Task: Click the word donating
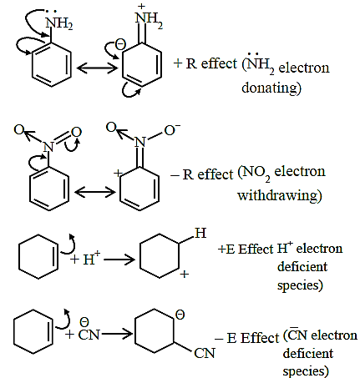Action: point(271,88)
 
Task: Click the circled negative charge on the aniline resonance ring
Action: point(120,45)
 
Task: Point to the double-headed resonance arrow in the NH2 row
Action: point(97,68)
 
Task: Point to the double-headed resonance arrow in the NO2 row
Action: point(95,192)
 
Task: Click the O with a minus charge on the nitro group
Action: point(171,130)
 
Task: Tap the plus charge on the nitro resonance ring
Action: point(118,174)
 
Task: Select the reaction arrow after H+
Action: point(119,260)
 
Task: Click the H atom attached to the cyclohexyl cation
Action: point(200,233)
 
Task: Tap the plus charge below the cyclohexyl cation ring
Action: point(185,275)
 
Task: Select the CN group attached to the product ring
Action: point(205,353)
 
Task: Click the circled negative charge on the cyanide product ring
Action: point(180,315)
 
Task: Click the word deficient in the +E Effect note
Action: point(302,266)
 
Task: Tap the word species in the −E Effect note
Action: point(306,371)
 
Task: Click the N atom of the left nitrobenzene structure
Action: point(48,146)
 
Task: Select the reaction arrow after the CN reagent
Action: point(116,333)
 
